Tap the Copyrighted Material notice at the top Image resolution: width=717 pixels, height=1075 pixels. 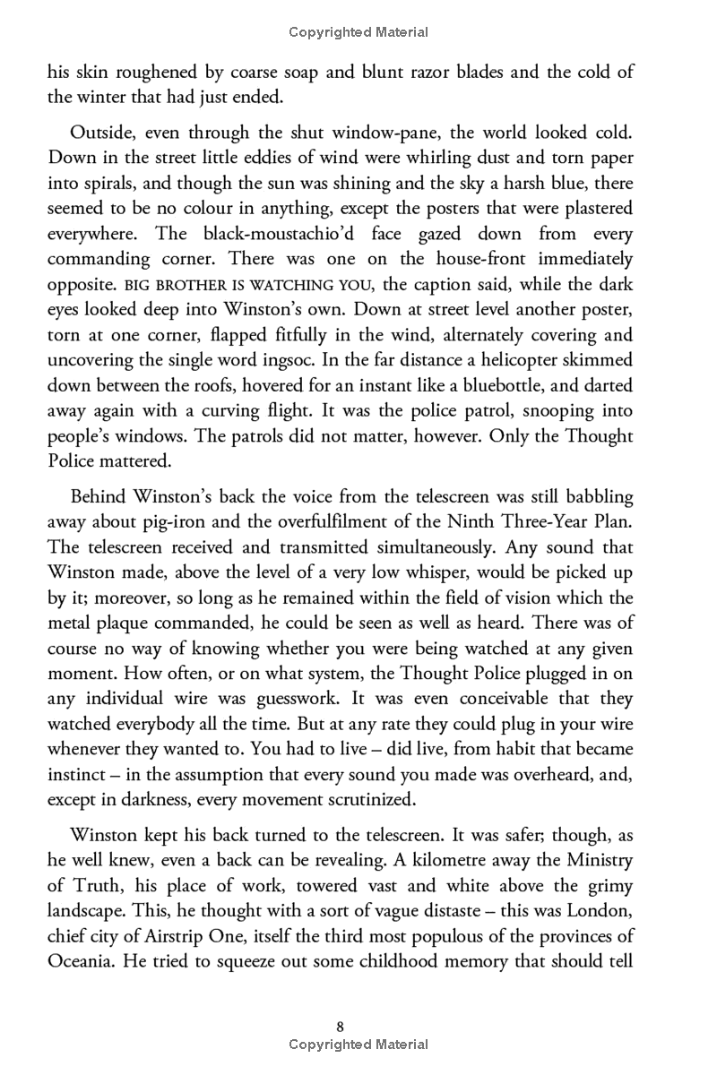point(358,32)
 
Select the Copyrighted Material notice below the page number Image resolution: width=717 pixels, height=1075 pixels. point(358,1045)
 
